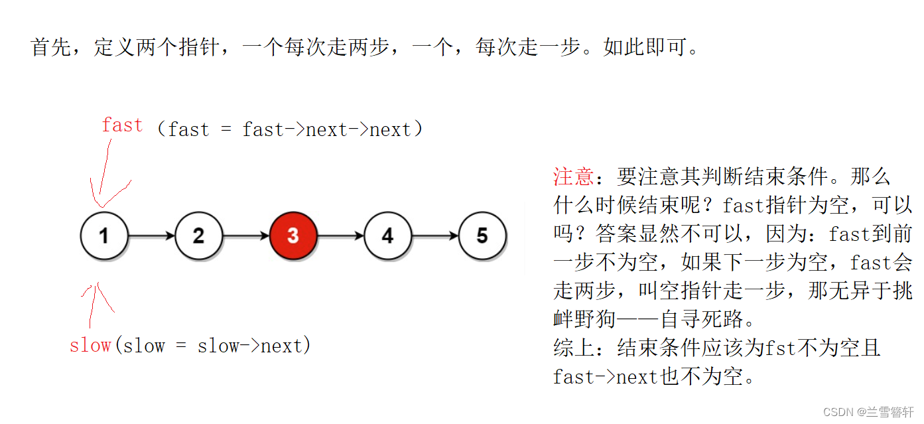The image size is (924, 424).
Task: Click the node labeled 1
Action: (x=104, y=236)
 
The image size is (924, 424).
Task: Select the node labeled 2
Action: (x=198, y=236)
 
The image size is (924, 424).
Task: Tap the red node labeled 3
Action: (x=293, y=236)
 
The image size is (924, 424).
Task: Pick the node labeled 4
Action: (x=387, y=236)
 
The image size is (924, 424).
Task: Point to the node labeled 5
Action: (x=482, y=236)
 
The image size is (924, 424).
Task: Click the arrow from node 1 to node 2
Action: (x=151, y=236)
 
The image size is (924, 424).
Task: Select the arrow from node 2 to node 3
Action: (x=245, y=236)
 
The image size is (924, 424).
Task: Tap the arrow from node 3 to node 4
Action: (x=340, y=236)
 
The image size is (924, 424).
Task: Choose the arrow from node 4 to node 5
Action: (x=434, y=236)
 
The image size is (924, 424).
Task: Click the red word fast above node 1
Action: (x=122, y=125)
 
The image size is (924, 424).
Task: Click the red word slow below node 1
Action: (x=90, y=346)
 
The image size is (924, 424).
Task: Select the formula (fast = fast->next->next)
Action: (x=289, y=129)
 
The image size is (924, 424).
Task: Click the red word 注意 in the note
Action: (x=573, y=177)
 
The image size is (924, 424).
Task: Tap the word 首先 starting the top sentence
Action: (x=52, y=48)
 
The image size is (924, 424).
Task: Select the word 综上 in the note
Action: (x=573, y=348)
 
